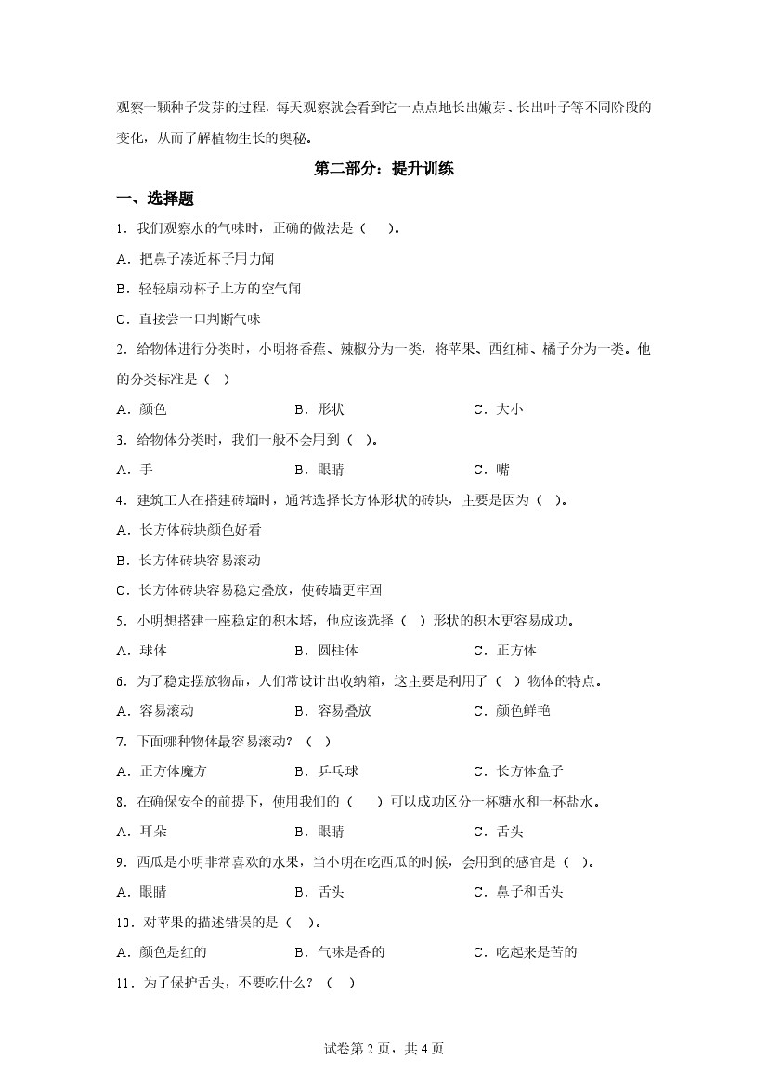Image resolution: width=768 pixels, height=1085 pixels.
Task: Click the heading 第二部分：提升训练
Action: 384,169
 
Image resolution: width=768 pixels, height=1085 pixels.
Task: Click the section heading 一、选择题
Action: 154,199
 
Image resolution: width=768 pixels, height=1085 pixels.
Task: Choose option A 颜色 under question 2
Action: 141,409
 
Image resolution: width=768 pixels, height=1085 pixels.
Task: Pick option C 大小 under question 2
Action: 499,409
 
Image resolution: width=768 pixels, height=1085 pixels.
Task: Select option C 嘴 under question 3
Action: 492,470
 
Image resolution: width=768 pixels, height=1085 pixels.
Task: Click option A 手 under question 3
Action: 135,470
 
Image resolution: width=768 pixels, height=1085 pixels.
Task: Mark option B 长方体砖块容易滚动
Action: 189,560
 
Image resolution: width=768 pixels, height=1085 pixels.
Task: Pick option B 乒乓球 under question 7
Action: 326,770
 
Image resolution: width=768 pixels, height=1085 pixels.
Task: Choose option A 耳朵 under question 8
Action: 141,831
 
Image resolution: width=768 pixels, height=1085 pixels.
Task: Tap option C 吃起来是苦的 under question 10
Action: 525,951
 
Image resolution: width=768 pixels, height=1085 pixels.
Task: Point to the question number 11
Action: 125,981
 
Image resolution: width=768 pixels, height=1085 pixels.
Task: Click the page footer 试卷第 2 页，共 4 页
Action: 384,1049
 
